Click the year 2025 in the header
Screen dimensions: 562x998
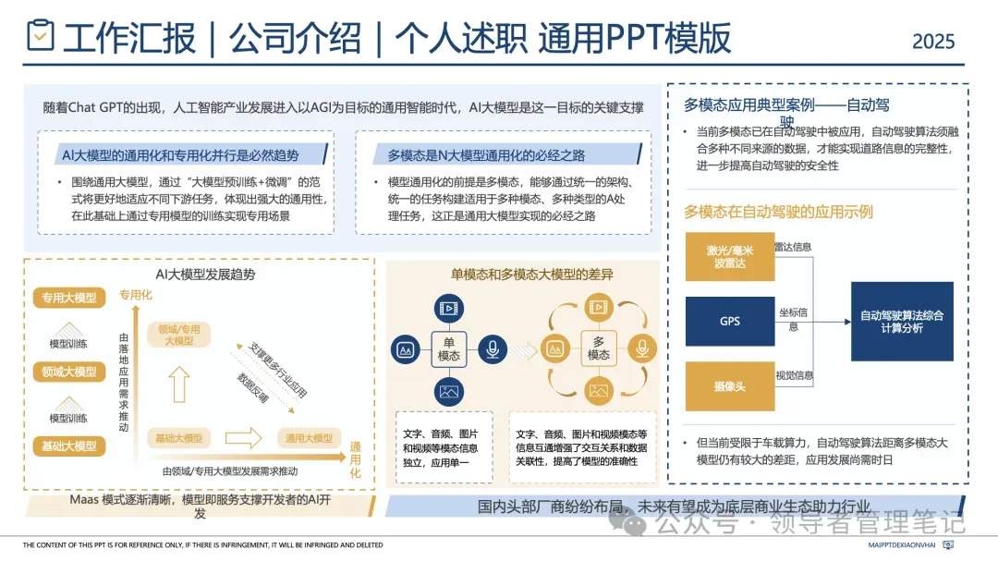pos(932,42)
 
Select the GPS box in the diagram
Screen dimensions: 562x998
pos(729,322)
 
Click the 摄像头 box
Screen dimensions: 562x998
pos(729,386)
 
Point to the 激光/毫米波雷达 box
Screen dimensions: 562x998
pos(729,257)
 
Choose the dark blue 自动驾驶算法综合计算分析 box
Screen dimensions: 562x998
pos(901,322)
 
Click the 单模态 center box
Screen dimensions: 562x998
pos(449,348)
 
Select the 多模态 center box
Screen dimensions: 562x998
pos(598,348)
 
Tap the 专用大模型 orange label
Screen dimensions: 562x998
pos(69,298)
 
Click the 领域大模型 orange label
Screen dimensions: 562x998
pos(69,372)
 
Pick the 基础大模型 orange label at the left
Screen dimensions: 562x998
pos(69,446)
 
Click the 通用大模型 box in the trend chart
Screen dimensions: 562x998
pos(309,438)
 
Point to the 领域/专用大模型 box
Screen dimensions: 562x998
pos(179,335)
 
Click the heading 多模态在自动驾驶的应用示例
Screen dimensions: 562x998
pos(778,212)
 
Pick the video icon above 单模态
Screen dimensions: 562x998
pos(449,306)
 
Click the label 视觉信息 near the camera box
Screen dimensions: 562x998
pos(794,375)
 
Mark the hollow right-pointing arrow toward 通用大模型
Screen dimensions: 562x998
pos(244,437)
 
